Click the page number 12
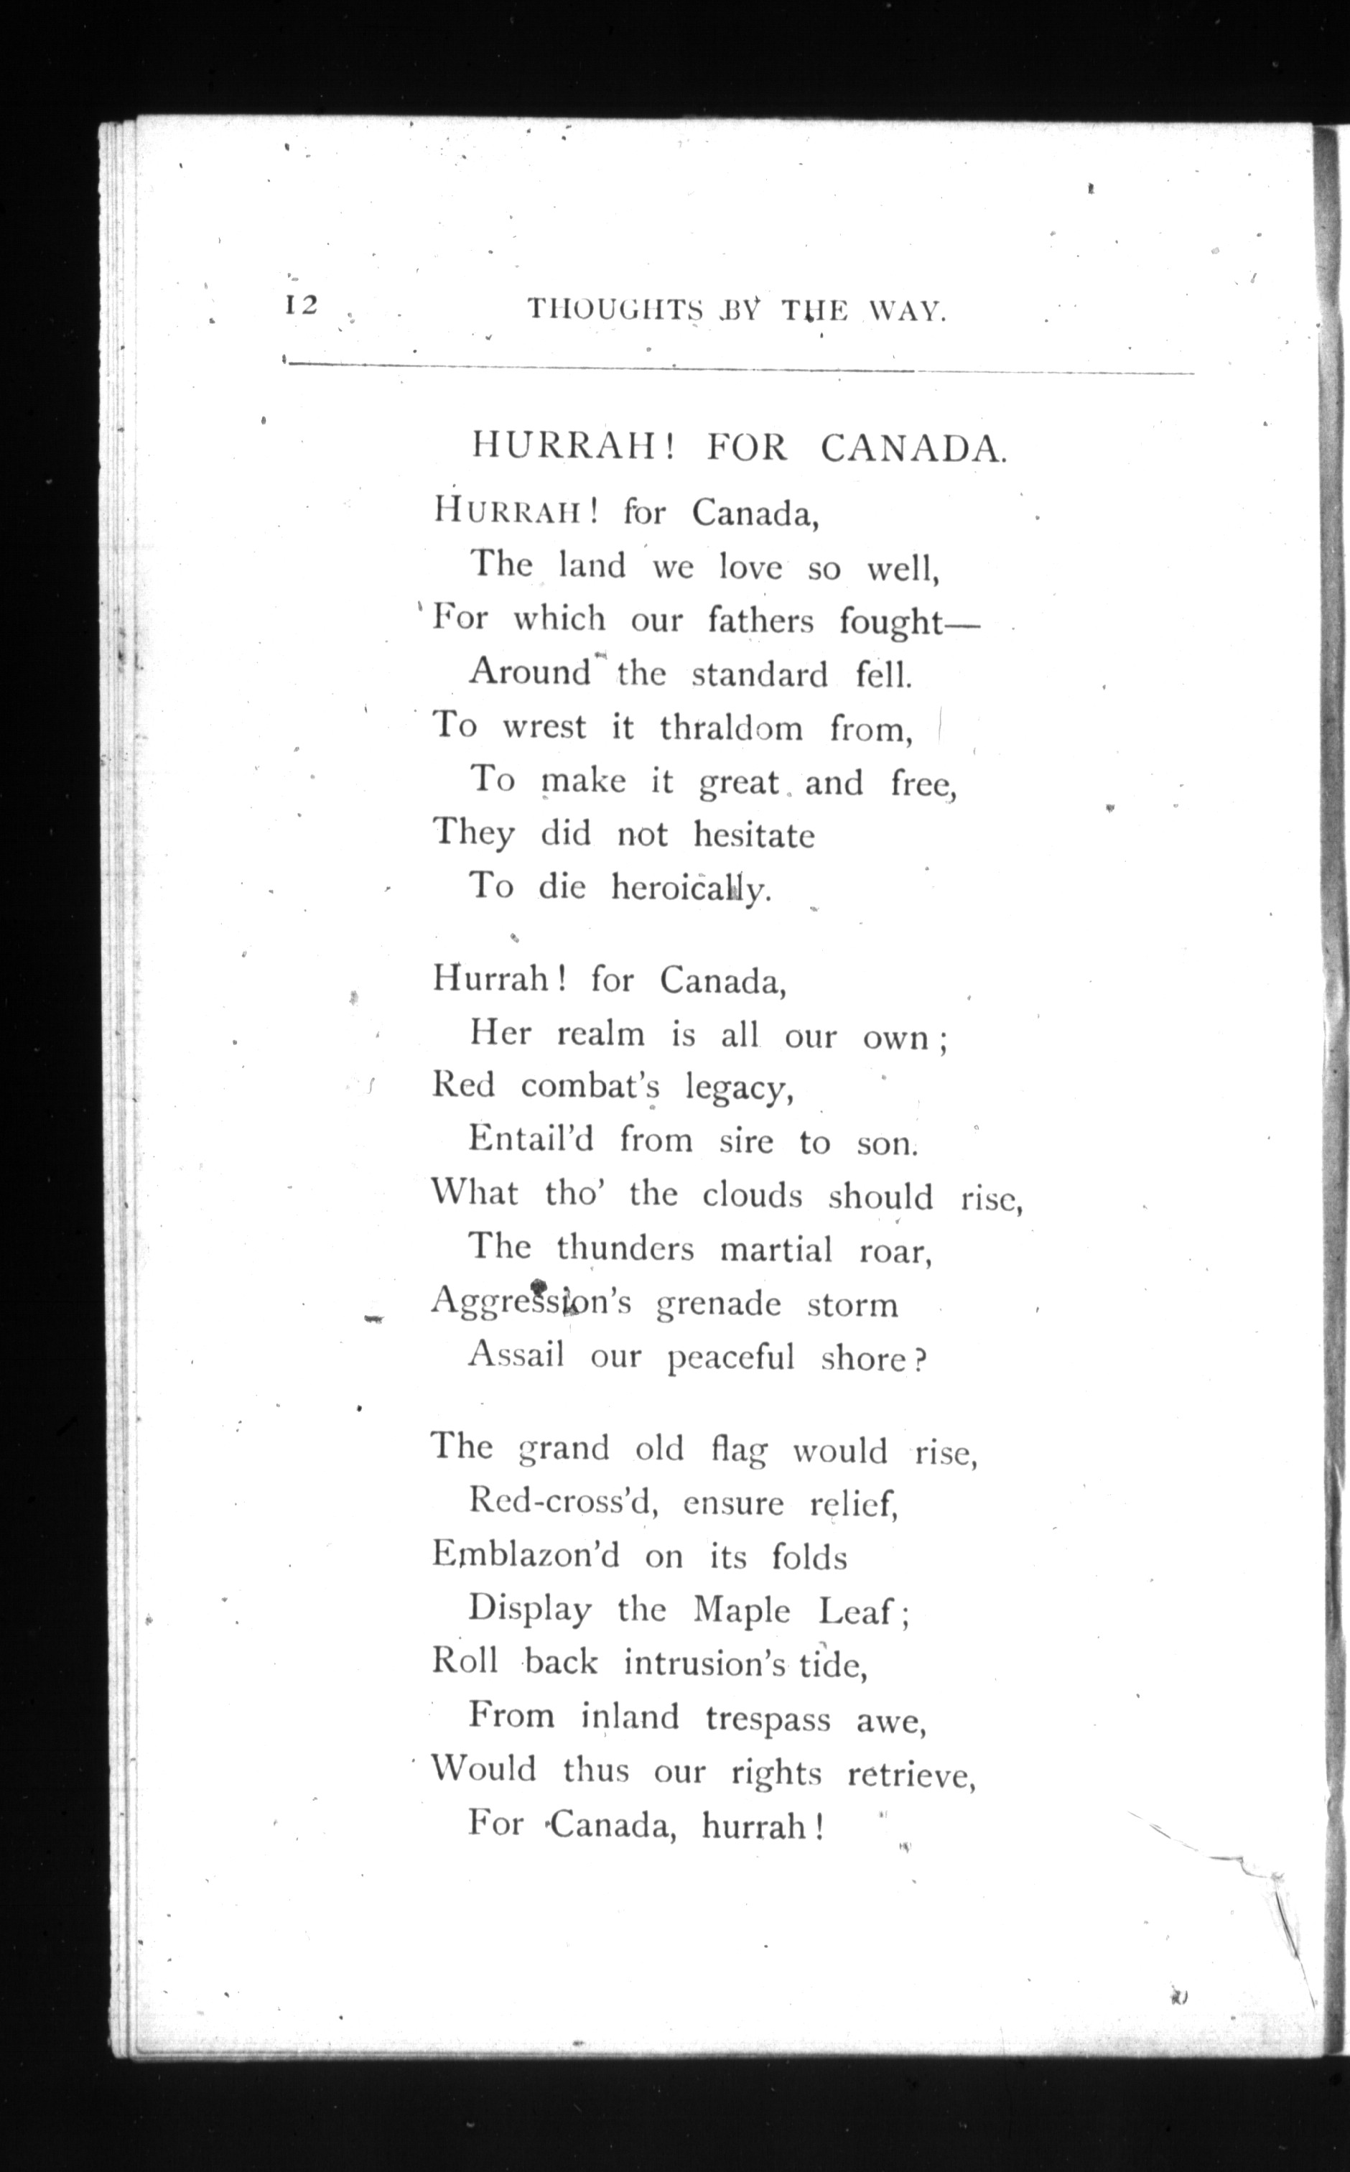301,305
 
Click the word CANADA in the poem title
913,447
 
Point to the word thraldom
731,728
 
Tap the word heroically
690,888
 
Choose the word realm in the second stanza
600,1034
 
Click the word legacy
740,1087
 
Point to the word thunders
625,1248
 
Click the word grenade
719,1304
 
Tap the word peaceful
731,1358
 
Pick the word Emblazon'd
526,1556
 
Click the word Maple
742,1610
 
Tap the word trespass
768,1718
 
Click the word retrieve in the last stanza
911,1773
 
